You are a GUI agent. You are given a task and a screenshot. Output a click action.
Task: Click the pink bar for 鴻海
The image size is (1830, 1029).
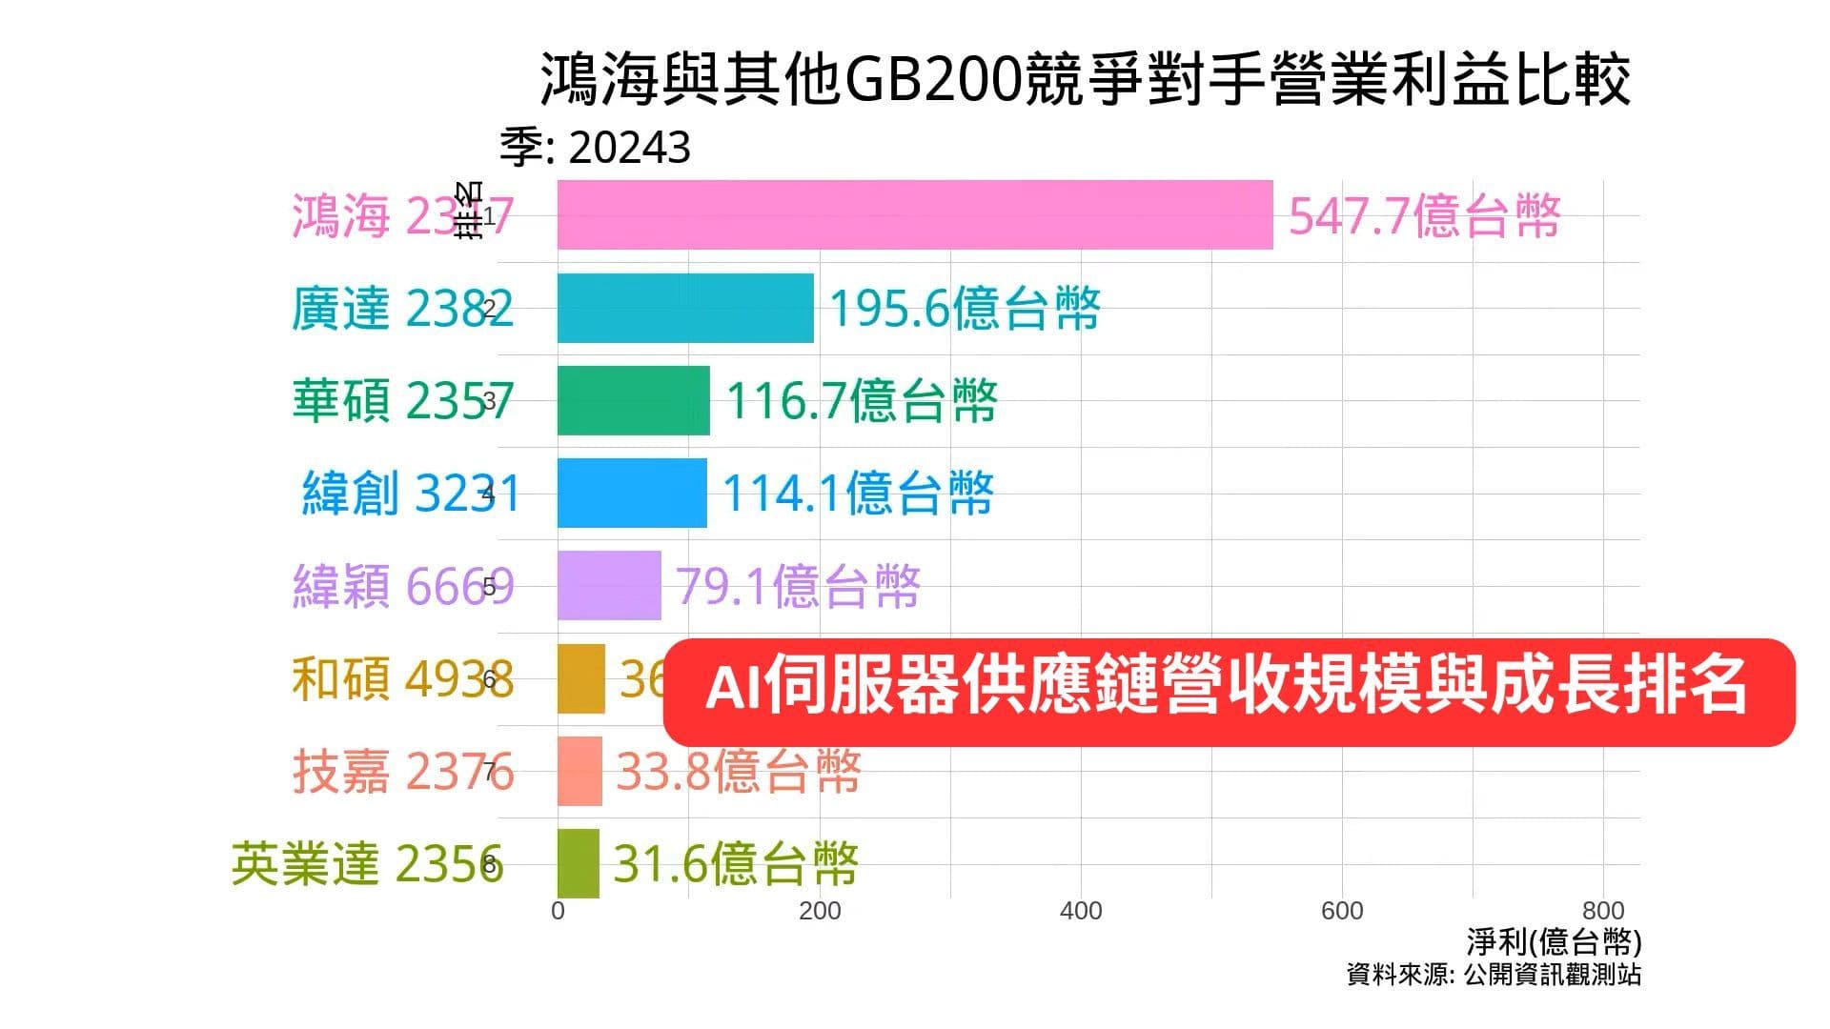click(x=915, y=215)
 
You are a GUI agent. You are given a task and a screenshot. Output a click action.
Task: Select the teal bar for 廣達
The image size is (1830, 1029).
click(x=685, y=308)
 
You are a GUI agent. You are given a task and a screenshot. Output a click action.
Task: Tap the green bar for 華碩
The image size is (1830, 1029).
click(x=633, y=400)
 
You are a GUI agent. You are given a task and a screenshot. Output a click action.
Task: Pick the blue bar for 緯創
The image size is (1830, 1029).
click(x=632, y=493)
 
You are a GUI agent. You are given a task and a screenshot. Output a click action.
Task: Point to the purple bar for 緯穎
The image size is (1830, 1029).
click(x=609, y=585)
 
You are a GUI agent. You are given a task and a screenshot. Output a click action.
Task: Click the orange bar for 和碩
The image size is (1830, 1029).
click(x=581, y=678)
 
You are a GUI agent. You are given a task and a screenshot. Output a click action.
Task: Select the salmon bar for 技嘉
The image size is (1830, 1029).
click(x=579, y=771)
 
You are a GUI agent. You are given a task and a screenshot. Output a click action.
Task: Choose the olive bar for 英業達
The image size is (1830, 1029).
click(x=579, y=863)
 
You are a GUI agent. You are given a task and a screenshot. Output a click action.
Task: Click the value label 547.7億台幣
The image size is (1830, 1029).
click(x=1424, y=216)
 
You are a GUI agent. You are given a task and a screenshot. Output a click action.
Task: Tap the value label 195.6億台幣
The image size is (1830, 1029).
click(x=965, y=309)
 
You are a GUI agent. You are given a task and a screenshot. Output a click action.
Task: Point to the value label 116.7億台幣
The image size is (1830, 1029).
click(x=862, y=400)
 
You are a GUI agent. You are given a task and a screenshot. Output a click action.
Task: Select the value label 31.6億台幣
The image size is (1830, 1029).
click(x=735, y=864)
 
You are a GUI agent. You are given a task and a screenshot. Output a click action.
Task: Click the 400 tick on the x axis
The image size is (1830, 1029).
click(x=1081, y=911)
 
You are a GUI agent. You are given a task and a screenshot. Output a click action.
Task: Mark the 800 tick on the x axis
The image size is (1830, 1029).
click(x=1603, y=911)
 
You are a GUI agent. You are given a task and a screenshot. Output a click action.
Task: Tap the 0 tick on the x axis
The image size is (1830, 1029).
click(x=559, y=911)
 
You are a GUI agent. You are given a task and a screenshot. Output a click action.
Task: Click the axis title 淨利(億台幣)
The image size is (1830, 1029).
click(x=1554, y=942)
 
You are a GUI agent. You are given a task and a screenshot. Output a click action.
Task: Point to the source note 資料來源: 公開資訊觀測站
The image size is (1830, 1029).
click(x=1494, y=975)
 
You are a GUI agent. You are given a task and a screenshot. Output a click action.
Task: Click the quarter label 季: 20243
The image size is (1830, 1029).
click(x=596, y=148)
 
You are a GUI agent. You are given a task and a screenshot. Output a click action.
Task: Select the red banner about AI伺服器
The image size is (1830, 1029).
click(x=1228, y=691)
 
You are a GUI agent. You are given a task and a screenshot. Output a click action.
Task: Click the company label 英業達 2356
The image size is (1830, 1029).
click(x=367, y=864)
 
